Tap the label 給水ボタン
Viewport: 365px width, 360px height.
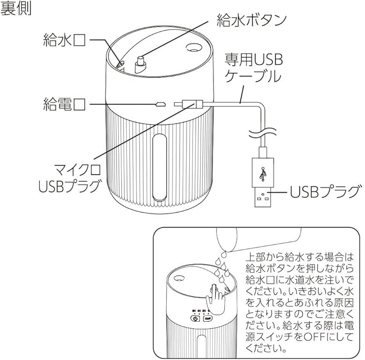(251, 20)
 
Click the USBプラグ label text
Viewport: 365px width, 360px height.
(324, 192)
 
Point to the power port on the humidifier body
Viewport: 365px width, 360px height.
(160, 103)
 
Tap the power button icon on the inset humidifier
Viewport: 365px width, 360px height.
(195, 319)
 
